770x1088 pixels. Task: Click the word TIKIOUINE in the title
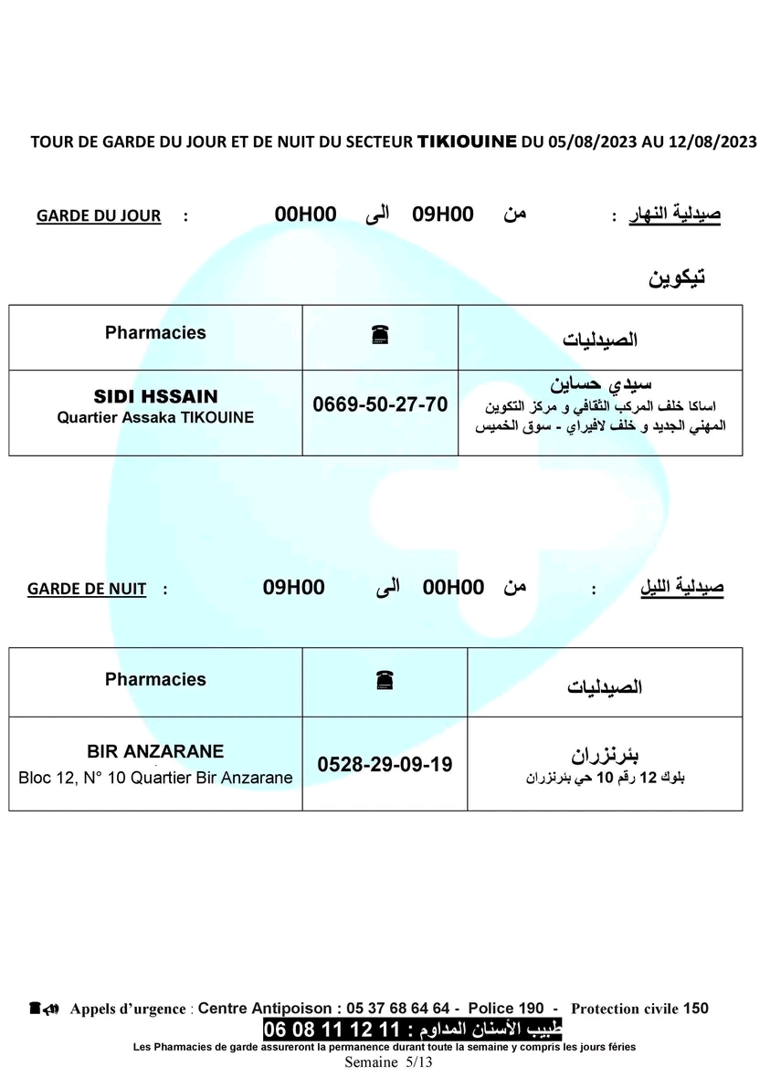466,141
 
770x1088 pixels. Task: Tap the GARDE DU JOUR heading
99,216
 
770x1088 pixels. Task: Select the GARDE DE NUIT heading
87,589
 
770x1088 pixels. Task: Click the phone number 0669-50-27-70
380,403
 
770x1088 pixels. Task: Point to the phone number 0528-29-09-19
385,764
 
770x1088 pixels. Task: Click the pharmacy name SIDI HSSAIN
155,397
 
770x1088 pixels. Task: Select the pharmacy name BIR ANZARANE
155,752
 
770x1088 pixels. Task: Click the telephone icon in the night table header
385,680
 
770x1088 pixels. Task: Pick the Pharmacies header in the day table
155,333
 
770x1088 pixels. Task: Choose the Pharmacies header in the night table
155,679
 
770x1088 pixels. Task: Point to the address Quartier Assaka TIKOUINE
155,417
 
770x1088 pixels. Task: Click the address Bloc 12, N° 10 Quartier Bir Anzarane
155,779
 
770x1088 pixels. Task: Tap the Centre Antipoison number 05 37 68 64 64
398,1009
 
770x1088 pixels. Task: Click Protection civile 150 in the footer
639,1009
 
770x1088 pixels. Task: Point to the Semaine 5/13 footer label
388,1062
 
